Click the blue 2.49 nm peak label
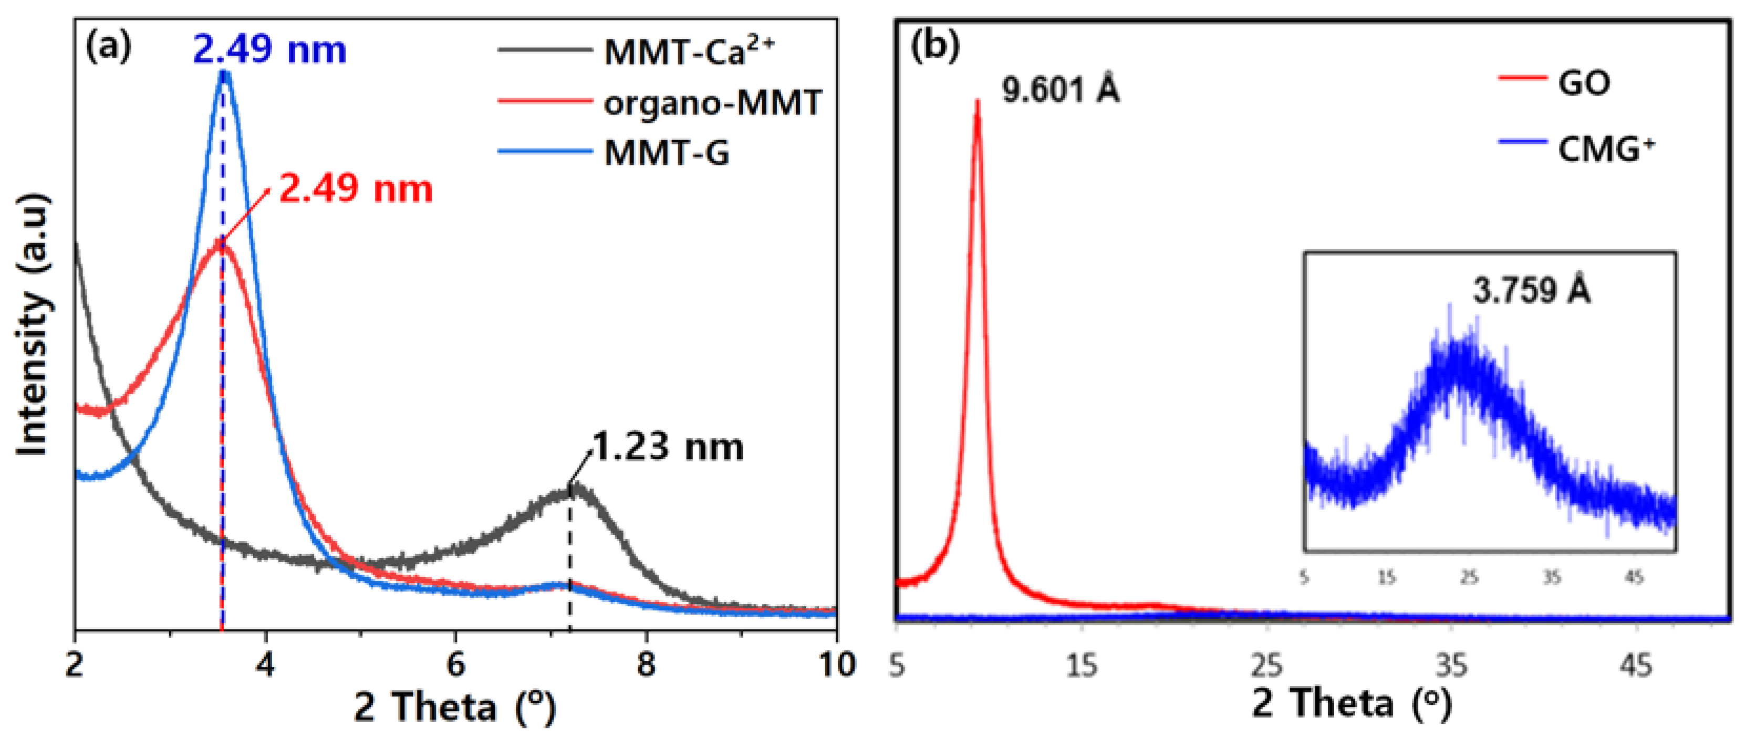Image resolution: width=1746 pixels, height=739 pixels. [270, 50]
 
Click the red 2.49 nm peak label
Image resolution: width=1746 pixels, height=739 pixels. [356, 188]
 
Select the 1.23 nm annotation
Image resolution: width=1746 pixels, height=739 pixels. [668, 447]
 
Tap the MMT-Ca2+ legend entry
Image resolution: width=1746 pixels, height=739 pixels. [688, 51]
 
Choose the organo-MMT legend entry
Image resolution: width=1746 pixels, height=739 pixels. [712, 103]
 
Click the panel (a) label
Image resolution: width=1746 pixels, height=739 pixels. [108, 47]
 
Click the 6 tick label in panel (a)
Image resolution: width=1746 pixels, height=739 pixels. [456, 664]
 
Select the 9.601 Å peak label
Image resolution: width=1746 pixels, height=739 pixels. [1061, 90]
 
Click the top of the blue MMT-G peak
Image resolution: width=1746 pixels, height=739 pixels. [224, 73]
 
